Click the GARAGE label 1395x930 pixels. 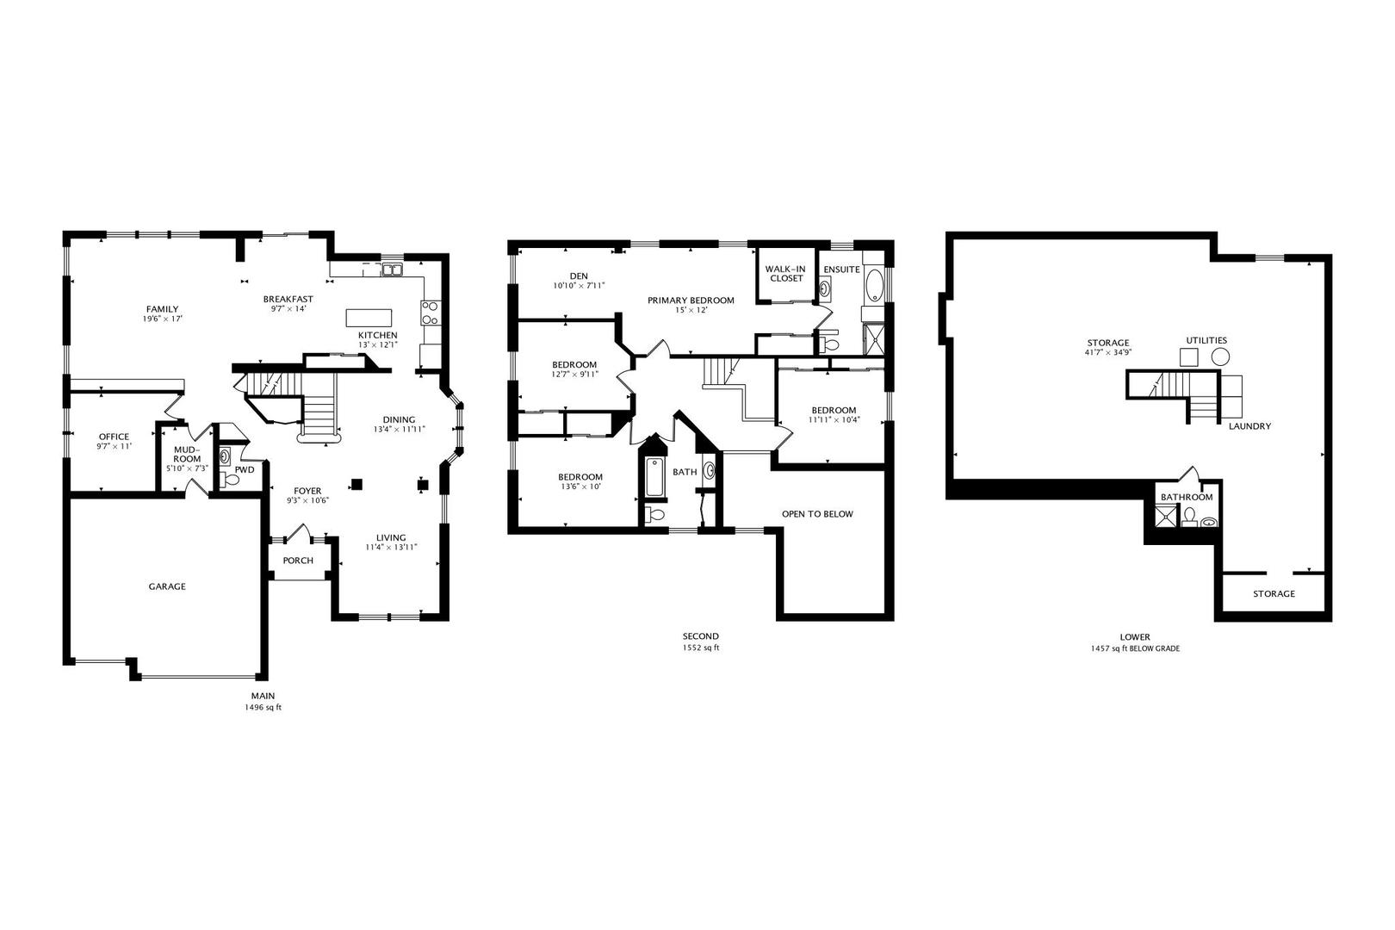tap(167, 586)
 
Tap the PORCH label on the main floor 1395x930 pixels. tap(298, 561)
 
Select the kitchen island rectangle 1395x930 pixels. tap(369, 317)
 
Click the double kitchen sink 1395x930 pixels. tap(393, 270)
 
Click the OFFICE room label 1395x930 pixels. tap(114, 437)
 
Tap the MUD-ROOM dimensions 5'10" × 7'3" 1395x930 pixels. tap(187, 468)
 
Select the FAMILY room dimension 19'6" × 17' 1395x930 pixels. tap(162, 319)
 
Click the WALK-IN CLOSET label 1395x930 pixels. tap(786, 273)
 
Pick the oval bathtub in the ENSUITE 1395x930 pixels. tap(873, 284)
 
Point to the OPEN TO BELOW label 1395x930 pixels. tap(817, 514)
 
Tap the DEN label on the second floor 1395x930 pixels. tap(579, 276)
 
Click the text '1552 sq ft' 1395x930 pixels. tap(701, 648)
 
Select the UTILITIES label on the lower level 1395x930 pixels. tap(1206, 340)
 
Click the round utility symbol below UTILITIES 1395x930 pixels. tap(1219, 356)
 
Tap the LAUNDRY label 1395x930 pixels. tap(1249, 426)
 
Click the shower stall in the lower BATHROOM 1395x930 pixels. tap(1167, 516)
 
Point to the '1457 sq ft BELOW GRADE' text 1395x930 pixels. tap(1135, 648)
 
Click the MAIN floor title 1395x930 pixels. tap(263, 696)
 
